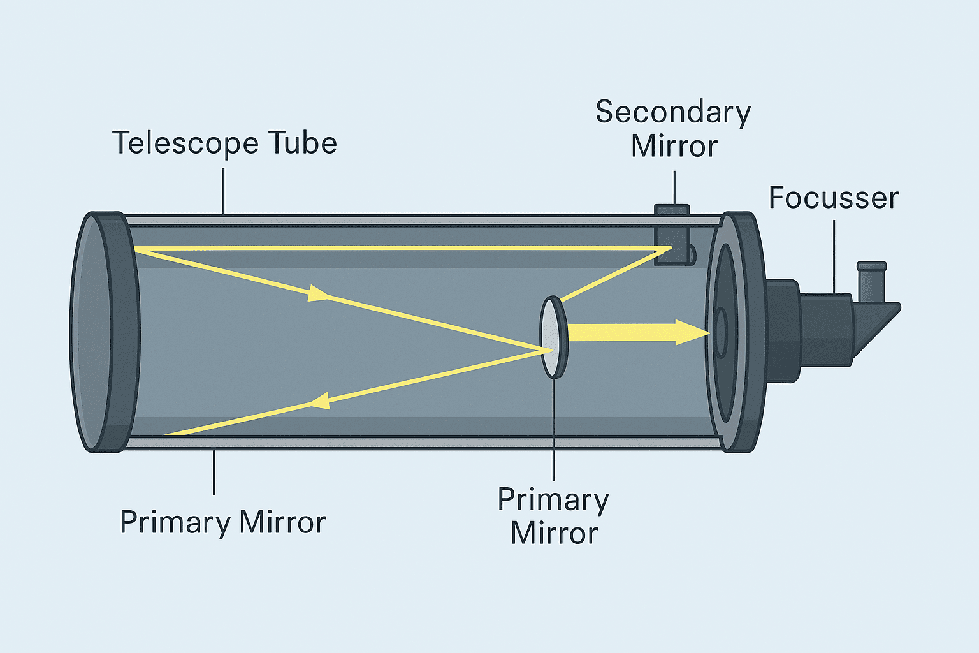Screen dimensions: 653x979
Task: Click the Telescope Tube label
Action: pyautogui.click(x=224, y=143)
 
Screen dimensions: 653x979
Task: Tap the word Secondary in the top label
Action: pyautogui.click(x=673, y=113)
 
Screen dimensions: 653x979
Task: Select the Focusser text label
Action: pyautogui.click(x=833, y=198)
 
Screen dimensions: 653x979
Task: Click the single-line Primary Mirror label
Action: pyautogui.click(x=222, y=522)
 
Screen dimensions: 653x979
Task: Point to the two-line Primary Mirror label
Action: pyautogui.click(x=553, y=516)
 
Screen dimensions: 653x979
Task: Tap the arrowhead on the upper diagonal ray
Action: pyautogui.click(x=317, y=294)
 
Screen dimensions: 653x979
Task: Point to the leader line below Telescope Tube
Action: pyautogui.click(x=224, y=190)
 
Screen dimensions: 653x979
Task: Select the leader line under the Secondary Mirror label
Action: pyautogui.click(x=674, y=187)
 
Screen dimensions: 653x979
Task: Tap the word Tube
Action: pyautogui.click(x=302, y=143)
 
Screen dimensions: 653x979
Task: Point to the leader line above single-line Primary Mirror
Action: pyautogui.click(x=214, y=472)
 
